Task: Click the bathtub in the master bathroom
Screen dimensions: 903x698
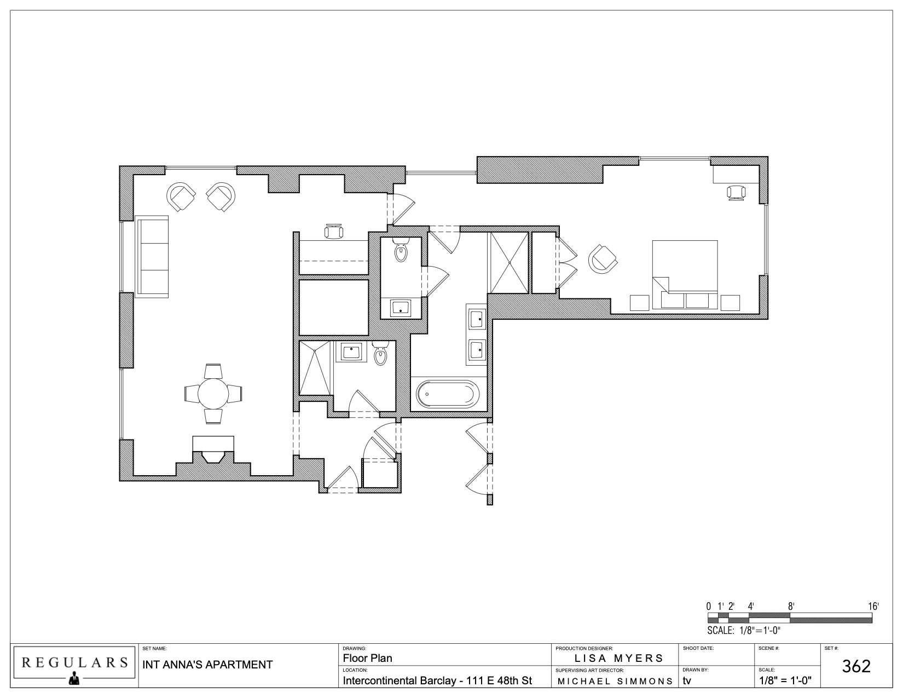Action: [448, 394]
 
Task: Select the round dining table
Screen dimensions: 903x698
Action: [213, 394]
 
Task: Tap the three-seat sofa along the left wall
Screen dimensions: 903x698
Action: [152, 257]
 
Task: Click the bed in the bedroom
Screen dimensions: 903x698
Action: [685, 275]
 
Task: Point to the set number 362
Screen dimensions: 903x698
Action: [856, 666]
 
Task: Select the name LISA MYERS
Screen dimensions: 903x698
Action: [619, 658]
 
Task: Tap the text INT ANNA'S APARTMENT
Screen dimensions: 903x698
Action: [207, 665]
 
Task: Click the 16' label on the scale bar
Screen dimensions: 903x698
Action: [873, 606]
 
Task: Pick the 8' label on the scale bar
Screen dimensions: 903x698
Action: [791, 606]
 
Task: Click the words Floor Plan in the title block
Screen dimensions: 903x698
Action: [367, 658]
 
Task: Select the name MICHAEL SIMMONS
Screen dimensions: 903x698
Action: [615, 681]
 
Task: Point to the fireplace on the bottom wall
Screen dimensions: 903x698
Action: [213, 449]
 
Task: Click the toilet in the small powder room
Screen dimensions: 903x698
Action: [401, 249]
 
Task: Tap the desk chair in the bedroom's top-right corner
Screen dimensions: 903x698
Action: [736, 193]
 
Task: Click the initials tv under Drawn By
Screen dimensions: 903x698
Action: [687, 681]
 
